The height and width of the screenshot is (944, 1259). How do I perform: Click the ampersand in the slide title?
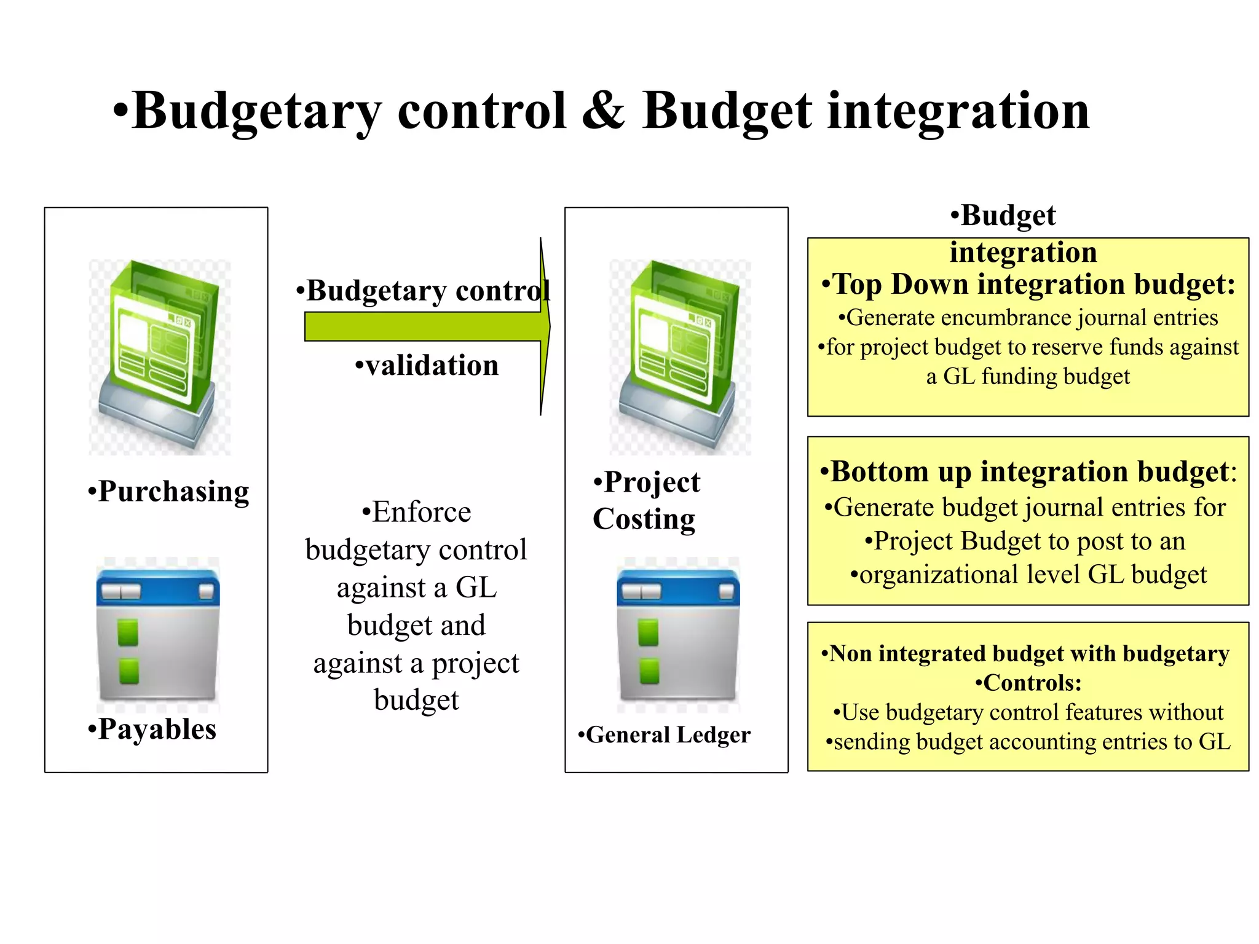point(603,111)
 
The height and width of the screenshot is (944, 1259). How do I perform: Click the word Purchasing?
point(173,492)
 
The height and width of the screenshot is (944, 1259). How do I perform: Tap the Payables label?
point(157,730)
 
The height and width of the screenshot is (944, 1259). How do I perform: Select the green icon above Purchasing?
point(159,356)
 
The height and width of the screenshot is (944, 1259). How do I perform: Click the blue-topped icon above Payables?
point(158,633)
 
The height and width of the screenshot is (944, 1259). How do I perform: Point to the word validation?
point(432,366)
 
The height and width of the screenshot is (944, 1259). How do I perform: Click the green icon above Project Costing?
point(679,356)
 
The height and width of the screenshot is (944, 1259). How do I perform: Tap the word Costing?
point(644,519)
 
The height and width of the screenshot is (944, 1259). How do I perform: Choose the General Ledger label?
point(668,735)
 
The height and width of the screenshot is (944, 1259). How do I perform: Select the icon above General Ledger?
point(678,633)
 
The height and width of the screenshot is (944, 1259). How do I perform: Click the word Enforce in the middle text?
point(421,512)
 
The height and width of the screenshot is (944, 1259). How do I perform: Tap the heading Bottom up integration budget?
point(1028,472)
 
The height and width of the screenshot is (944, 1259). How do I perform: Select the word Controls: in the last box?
point(1032,683)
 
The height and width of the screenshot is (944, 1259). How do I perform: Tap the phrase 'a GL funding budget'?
point(1027,376)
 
